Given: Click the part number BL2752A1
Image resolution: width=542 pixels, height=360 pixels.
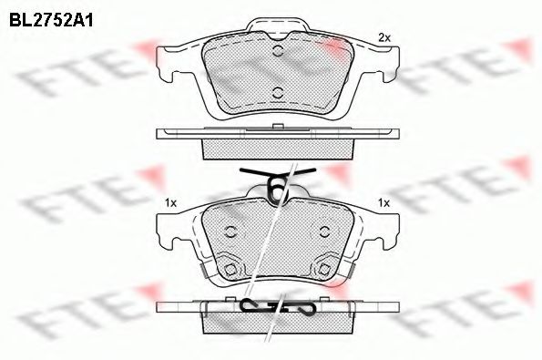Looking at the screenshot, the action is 51,20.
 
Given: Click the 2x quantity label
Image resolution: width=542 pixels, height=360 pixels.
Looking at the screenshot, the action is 384,37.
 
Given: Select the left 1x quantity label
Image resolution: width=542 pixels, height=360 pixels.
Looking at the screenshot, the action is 170,203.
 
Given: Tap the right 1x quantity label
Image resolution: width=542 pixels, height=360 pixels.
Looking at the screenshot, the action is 383,203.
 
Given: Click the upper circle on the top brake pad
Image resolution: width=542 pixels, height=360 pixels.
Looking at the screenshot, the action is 278,51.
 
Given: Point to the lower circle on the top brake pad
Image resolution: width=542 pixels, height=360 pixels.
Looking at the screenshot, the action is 277,93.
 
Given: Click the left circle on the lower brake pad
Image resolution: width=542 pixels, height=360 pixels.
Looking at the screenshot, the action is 230,231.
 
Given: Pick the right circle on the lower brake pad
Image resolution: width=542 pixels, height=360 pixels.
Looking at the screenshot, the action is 324,231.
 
